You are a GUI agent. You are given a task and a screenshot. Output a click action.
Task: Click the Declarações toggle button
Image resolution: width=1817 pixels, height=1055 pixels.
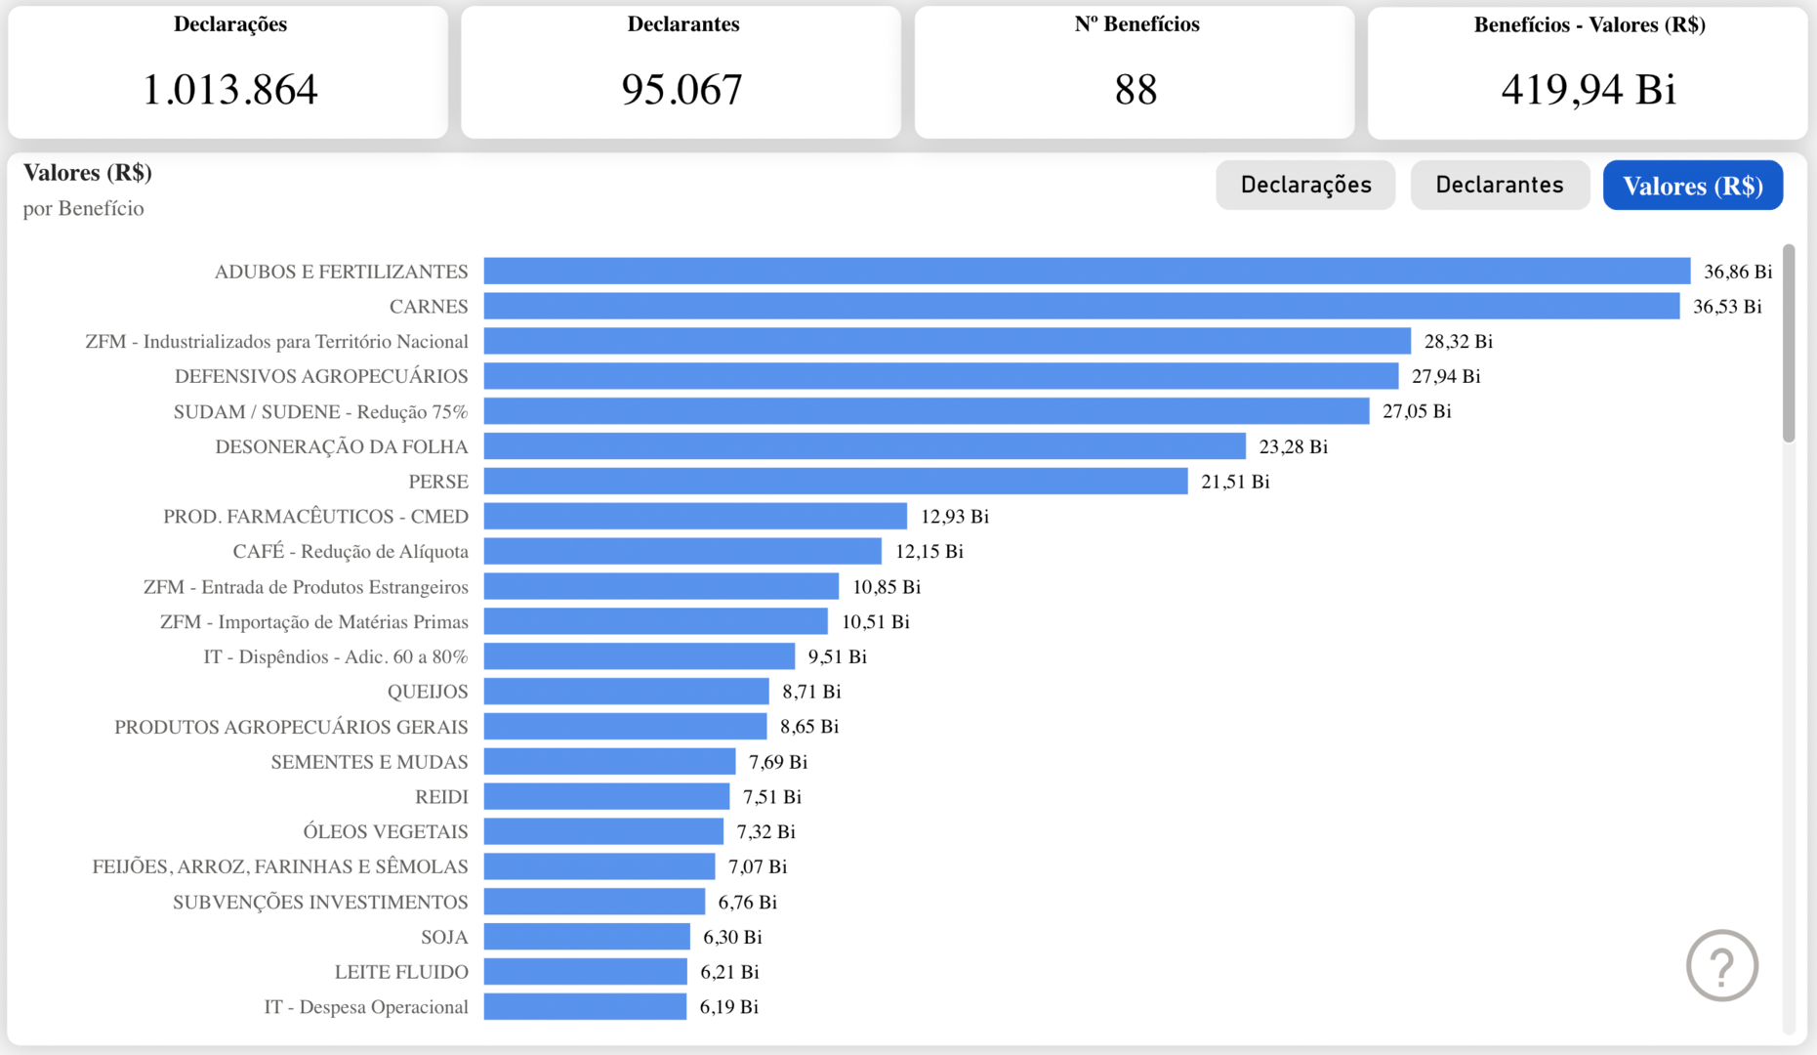pyautogui.click(x=1305, y=185)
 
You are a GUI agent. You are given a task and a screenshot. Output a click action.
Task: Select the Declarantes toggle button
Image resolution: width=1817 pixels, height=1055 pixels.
pyautogui.click(x=1500, y=185)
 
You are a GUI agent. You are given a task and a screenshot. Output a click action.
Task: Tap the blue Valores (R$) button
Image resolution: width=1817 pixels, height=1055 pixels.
pyautogui.click(x=1693, y=186)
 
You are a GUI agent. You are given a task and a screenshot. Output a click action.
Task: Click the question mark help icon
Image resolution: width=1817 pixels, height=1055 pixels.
pyautogui.click(x=1722, y=966)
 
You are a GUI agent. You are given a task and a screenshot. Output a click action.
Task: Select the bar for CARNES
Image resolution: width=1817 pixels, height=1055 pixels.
pyautogui.click(x=1081, y=307)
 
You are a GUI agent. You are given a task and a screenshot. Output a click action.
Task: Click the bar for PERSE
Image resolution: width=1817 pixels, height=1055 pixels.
pyautogui.click(x=836, y=482)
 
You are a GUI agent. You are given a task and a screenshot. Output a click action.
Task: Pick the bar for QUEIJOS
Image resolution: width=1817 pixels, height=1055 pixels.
pyautogui.click(x=626, y=692)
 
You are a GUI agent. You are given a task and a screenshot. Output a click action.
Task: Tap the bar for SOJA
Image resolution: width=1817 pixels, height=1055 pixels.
pyautogui.click(x=587, y=937)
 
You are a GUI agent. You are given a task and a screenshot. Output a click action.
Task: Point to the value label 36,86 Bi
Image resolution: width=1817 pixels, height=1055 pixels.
pyautogui.click(x=1738, y=272)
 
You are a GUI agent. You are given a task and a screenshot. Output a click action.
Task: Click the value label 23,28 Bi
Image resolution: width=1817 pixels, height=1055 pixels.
pyautogui.click(x=1293, y=446)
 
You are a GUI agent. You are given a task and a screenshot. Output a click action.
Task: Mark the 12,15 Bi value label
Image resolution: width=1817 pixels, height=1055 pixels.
pyautogui.click(x=929, y=552)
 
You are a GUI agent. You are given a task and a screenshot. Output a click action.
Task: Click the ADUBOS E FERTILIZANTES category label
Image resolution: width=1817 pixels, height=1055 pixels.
pyautogui.click(x=341, y=272)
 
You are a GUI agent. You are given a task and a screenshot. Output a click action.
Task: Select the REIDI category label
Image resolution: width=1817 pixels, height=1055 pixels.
pyautogui.click(x=441, y=797)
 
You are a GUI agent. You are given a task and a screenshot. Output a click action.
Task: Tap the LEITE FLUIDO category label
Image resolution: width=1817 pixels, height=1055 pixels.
pyautogui.click(x=401, y=972)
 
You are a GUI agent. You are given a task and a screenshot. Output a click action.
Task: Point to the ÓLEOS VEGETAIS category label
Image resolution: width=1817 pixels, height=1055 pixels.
pyautogui.click(x=385, y=832)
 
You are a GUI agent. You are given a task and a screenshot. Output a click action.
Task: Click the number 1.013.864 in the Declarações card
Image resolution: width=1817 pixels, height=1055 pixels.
pyautogui.click(x=230, y=90)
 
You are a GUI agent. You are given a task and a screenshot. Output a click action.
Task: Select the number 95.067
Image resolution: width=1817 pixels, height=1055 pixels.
pyautogui.click(x=682, y=90)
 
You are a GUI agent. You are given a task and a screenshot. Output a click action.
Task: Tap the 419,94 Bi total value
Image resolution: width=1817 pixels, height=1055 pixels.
pyautogui.click(x=1589, y=90)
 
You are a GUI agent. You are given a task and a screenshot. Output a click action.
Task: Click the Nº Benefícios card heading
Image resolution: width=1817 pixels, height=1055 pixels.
pyautogui.click(x=1136, y=24)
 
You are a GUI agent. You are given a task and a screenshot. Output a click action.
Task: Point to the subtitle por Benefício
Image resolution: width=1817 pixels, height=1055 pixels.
pyautogui.click(x=84, y=208)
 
